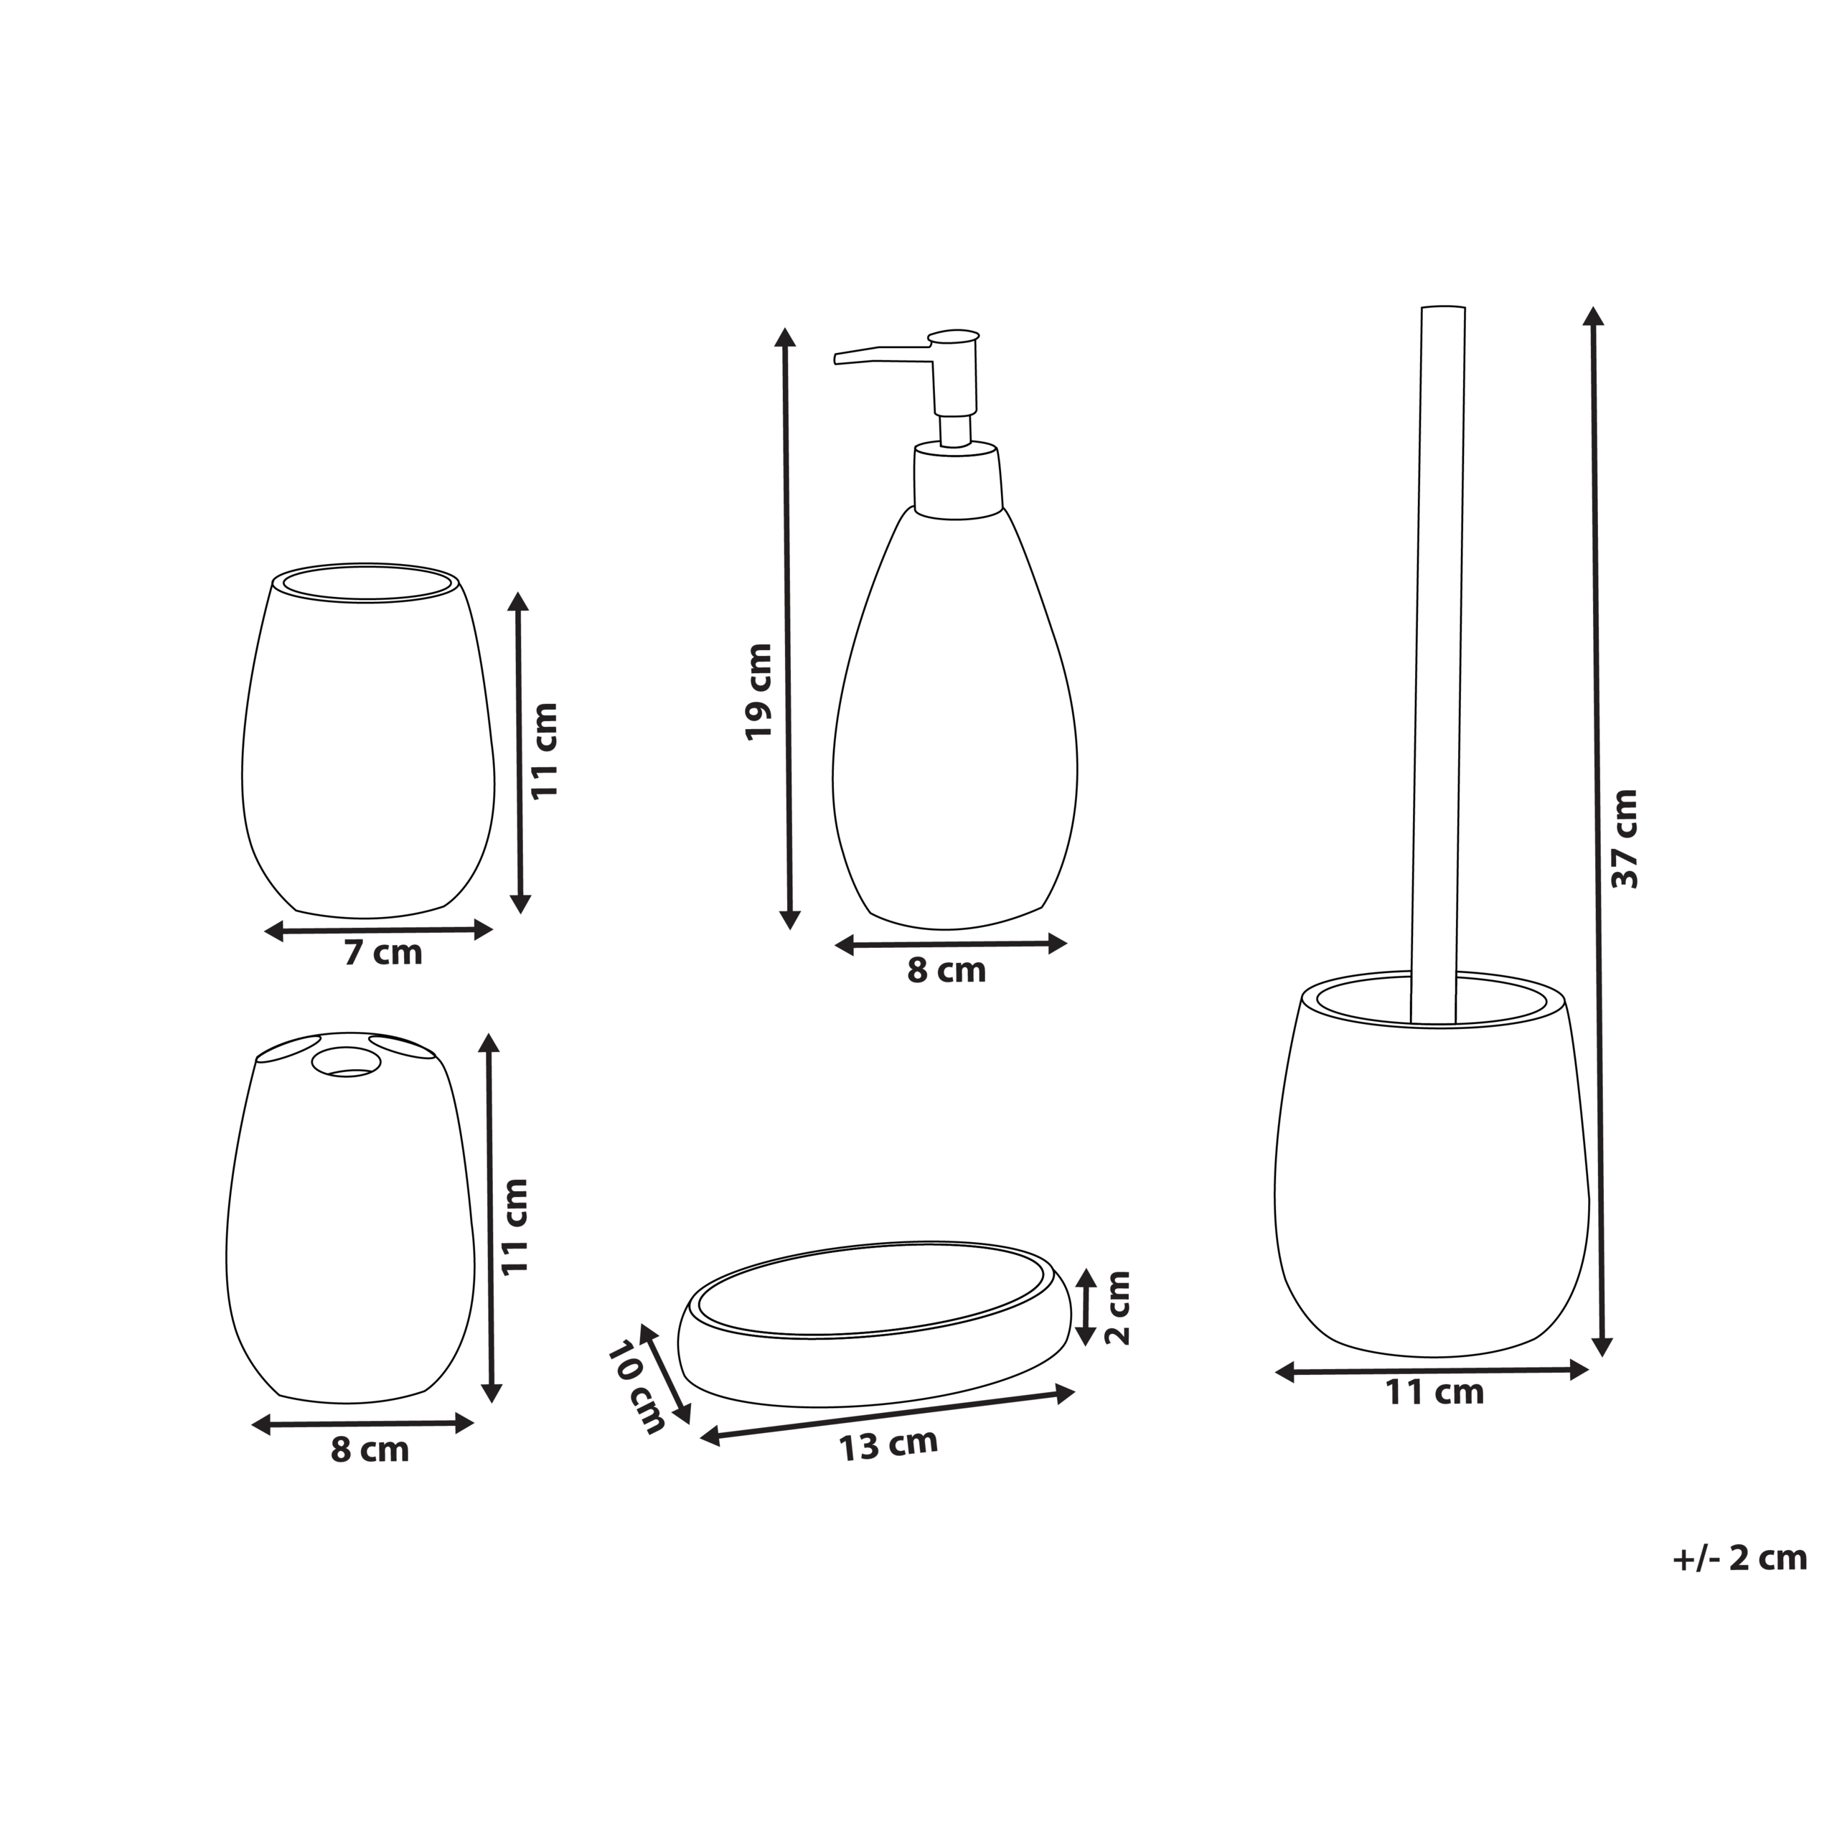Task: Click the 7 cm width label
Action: coord(383,953)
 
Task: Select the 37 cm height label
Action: coord(1625,839)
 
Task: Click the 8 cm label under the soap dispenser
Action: coord(946,971)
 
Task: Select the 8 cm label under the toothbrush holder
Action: coord(370,1450)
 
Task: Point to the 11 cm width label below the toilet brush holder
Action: coord(1434,1393)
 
